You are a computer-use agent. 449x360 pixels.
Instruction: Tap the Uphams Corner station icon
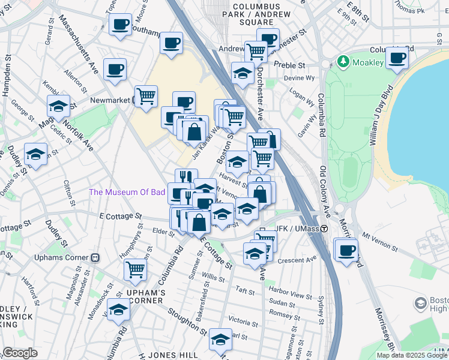94,257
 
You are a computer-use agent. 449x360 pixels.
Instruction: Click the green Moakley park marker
343,61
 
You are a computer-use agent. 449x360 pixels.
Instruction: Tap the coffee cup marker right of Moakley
397,59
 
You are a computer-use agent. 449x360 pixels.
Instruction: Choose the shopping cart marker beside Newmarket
146,96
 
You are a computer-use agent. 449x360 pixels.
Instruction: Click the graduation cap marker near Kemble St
58,106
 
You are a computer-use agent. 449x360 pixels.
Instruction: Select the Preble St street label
290,64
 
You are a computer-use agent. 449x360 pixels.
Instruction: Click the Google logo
19,353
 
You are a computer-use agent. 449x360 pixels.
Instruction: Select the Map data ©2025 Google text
412,355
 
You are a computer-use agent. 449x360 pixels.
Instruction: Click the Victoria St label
243,320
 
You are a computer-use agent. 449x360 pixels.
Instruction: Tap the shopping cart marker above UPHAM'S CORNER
136,269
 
